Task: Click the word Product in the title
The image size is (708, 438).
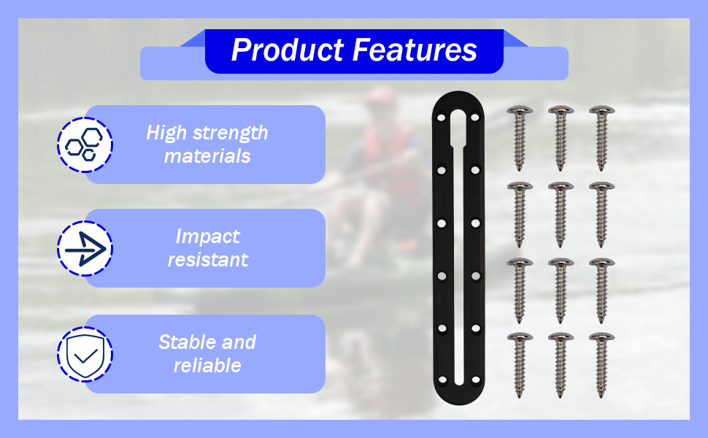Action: [x=288, y=50]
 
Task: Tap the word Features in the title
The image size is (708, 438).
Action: [x=415, y=50]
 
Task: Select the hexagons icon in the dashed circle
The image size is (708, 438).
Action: [x=85, y=145]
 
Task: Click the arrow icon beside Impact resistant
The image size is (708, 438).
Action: [x=85, y=249]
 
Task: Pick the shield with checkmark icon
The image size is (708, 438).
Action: [x=85, y=356]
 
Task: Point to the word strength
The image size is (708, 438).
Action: [x=230, y=133]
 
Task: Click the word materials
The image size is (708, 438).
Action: [x=207, y=156]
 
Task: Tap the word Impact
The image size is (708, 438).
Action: [x=208, y=237]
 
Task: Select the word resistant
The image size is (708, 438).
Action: [x=208, y=260]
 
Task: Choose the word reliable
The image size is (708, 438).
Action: [x=207, y=365]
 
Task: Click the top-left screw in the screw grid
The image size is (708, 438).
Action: [x=519, y=138]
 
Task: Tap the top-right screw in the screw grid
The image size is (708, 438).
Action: [x=601, y=138]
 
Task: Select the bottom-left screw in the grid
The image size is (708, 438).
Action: [x=519, y=365]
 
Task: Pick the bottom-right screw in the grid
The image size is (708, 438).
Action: [x=601, y=365]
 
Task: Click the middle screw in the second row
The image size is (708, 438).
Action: [x=561, y=215]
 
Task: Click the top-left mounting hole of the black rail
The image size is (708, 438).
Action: [x=442, y=118]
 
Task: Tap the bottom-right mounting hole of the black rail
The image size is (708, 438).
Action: [x=475, y=380]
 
